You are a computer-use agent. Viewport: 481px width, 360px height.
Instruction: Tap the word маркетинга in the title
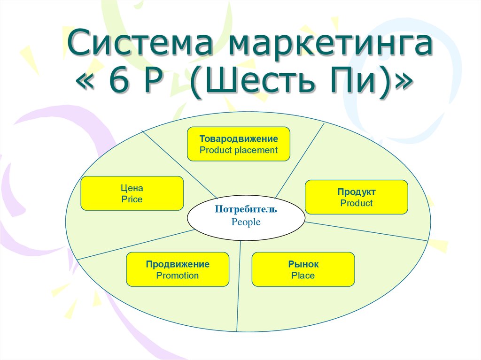331,46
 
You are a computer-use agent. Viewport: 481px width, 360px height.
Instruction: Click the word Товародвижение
239,138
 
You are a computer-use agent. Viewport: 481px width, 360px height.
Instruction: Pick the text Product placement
239,150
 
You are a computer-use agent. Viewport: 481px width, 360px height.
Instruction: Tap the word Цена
132,188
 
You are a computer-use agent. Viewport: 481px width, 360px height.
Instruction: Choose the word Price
132,199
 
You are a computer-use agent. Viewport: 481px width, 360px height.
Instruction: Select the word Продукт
357,192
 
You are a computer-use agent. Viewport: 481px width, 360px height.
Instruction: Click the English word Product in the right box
357,203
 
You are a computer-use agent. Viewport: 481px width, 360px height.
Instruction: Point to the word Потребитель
246,209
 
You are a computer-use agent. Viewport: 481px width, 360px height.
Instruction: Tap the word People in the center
246,222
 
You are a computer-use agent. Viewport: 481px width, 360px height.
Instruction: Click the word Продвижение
178,264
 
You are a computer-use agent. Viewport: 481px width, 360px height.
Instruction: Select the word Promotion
178,276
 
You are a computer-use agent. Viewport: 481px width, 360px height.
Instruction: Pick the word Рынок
303,264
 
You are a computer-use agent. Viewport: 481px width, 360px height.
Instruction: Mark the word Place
303,276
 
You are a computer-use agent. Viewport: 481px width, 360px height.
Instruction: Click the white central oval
246,218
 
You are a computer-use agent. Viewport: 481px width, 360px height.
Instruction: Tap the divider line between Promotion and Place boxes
239,286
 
